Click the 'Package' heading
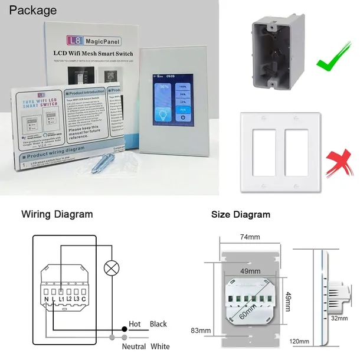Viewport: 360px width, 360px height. click(33, 11)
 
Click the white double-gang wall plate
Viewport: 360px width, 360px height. click(276, 153)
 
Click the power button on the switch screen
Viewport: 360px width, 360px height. click(184, 117)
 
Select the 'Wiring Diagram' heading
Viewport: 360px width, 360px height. click(57, 214)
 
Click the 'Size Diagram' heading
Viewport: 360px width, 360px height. click(240, 214)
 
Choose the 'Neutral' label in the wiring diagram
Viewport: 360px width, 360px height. click(134, 346)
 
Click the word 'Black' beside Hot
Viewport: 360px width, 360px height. click(158, 324)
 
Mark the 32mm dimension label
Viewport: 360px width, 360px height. click(338, 318)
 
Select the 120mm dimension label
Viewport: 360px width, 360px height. click(299, 342)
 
